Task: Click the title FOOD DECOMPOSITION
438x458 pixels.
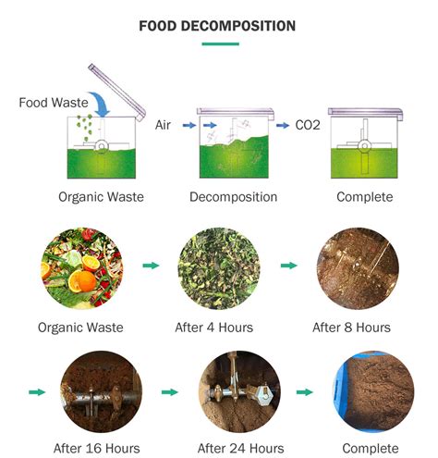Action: tap(217, 25)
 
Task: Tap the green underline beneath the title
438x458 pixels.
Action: tap(219, 43)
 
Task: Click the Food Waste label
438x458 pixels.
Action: tap(54, 103)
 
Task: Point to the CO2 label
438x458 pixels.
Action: tap(308, 124)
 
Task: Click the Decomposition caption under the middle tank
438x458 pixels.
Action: tap(233, 197)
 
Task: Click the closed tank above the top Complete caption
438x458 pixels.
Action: tap(363, 144)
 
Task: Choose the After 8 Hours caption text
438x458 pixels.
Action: tap(351, 328)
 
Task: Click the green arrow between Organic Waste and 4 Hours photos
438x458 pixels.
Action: tap(150, 266)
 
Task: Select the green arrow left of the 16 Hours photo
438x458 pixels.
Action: tap(37, 392)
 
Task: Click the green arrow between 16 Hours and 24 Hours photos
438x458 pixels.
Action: tap(170, 392)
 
